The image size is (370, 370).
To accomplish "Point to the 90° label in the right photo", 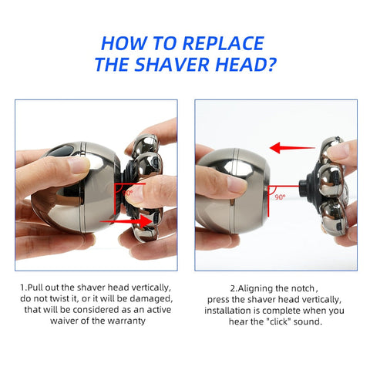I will [279, 197].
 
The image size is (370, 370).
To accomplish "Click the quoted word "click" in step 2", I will [269, 322].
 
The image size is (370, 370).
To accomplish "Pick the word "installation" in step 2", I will [230, 310].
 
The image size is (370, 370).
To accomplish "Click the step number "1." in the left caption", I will [24, 287].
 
